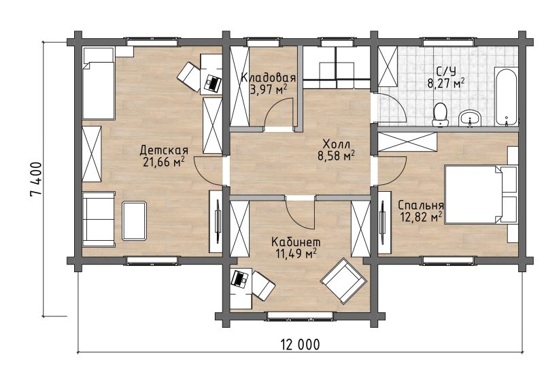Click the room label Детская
(164, 150)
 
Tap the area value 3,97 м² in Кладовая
(268, 90)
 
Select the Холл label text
(336, 144)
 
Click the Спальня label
(421, 205)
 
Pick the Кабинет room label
(296, 241)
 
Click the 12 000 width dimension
(300, 345)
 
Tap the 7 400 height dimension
(36, 179)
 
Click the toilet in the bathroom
(440, 114)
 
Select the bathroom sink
(469, 118)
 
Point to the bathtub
(506, 97)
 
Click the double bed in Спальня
(481, 194)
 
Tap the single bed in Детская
(99, 83)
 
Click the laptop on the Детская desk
(213, 83)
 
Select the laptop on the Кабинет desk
(239, 278)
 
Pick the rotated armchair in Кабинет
(343, 280)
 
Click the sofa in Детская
(99, 219)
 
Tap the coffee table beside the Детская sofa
(134, 220)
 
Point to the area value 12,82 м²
(421, 217)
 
